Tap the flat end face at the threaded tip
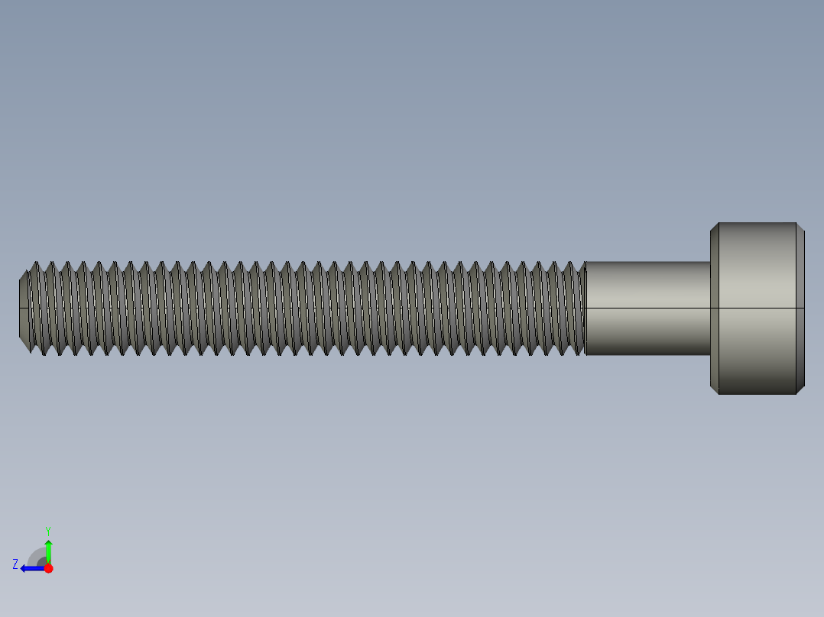click(23, 308)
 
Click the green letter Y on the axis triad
click(47, 530)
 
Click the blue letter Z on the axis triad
click(15, 564)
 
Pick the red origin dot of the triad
click(48, 568)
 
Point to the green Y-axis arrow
click(48, 550)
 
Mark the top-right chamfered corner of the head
click(800, 227)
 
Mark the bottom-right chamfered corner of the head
click(800, 389)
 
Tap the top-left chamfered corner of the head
click(715, 227)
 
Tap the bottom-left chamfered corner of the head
click(715, 389)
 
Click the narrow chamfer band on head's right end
click(801, 308)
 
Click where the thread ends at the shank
click(585, 308)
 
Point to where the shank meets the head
click(710, 308)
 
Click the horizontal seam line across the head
click(757, 308)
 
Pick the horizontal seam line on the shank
click(648, 308)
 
